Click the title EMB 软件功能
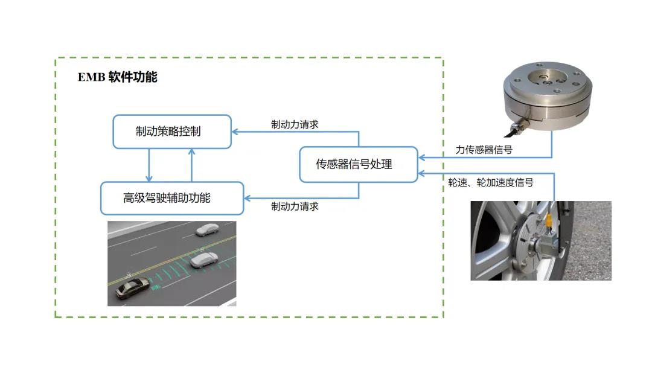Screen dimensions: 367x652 pos(117,77)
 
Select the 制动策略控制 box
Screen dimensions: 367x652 pos(172,131)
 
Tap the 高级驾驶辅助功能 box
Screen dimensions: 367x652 pos(172,198)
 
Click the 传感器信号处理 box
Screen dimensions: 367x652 pos(359,164)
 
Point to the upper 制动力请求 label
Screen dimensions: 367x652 pos(295,124)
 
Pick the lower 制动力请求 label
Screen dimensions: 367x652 pos(295,206)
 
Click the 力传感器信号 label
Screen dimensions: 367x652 pos(484,150)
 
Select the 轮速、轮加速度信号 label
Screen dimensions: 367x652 pos(490,182)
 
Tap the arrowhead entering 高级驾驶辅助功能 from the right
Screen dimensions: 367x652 pos(248,198)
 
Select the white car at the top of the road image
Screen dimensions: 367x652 pos(207,229)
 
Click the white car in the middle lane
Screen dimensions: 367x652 pos(203,260)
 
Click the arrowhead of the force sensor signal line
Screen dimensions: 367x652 pos(422,158)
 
